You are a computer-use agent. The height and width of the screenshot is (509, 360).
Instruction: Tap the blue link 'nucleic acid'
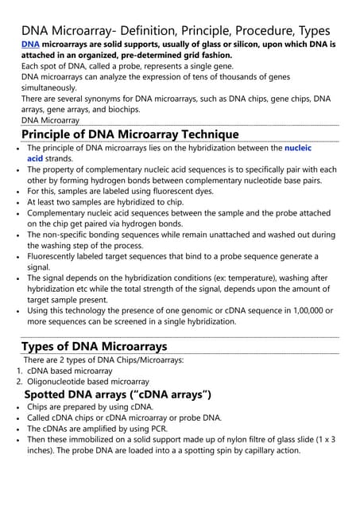coord(298,149)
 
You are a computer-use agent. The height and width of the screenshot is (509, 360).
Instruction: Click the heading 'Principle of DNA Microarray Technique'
coord(130,134)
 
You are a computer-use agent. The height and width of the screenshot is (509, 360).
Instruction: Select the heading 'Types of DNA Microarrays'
coord(94,346)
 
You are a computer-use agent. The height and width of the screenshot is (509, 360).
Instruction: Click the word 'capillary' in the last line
coord(249,450)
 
